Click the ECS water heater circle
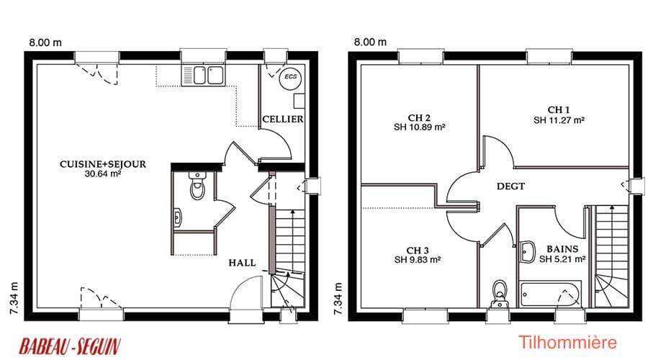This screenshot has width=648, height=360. pyautogui.click(x=291, y=77)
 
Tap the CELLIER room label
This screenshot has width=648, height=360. pyautogui.click(x=283, y=120)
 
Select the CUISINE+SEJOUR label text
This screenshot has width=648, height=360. pyautogui.click(x=103, y=164)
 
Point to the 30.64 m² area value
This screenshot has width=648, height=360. pyautogui.click(x=103, y=174)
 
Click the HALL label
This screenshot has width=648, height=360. pyautogui.click(x=242, y=263)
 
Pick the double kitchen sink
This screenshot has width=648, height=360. pyautogui.click(x=203, y=76)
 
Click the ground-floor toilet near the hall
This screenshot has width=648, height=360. pyautogui.click(x=197, y=186)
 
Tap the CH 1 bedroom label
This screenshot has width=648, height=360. pyautogui.click(x=559, y=110)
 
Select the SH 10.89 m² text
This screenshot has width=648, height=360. pyautogui.click(x=420, y=127)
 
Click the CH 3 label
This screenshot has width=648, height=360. pyautogui.click(x=418, y=251)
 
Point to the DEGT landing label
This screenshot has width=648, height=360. pyautogui.click(x=510, y=186)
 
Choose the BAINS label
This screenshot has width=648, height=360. pyautogui.click(x=562, y=249)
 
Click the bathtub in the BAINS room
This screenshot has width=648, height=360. pyautogui.click(x=551, y=294)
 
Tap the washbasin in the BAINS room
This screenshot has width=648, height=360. pyautogui.click(x=527, y=251)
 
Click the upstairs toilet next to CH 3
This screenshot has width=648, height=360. pyautogui.click(x=500, y=294)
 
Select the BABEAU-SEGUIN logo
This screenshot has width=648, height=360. pyautogui.click(x=70, y=346)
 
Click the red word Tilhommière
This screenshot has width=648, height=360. pyautogui.click(x=567, y=343)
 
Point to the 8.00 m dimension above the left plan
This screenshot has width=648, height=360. pyautogui.click(x=45, y=42)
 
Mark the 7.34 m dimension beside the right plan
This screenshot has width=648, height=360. pyautogui.click(x=338, y=298)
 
